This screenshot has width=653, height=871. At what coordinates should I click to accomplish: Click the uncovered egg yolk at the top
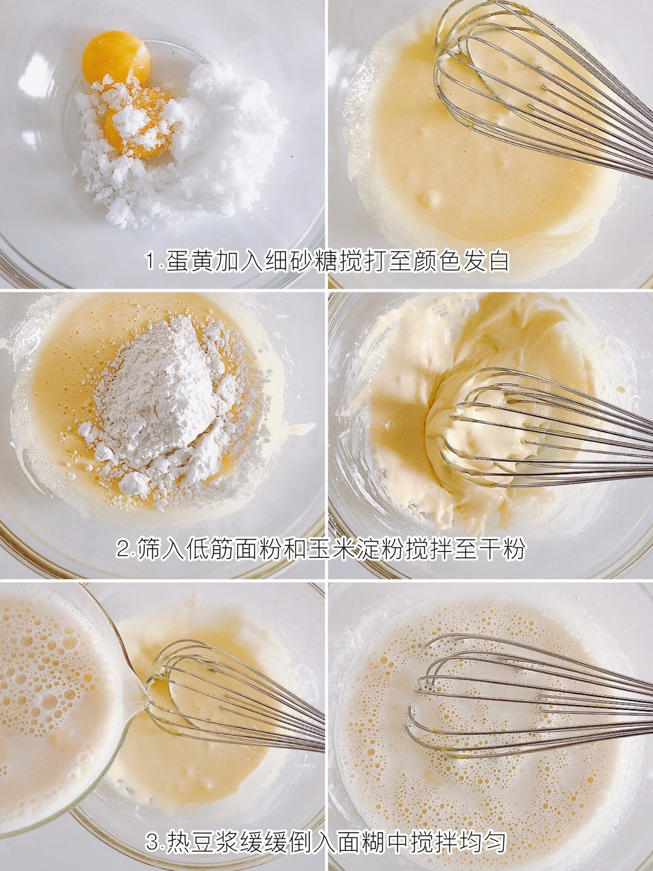click(117, 59)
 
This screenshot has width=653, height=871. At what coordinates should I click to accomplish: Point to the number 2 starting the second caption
click(122, 550)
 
